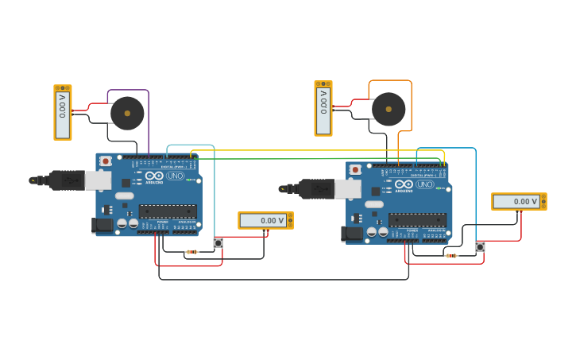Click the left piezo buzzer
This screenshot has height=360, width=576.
(127, 113)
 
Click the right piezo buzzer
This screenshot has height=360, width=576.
(389, 109)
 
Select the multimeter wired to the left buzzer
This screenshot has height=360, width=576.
(63, 112)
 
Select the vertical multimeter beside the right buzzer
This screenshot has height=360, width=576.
(323, 108)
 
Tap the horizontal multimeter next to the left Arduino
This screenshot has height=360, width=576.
(265, 220)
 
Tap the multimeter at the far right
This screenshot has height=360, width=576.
(519, 201)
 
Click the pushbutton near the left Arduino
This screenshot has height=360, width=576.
(218, 243)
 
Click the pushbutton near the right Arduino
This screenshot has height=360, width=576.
(480, 247)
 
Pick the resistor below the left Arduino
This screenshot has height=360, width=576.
(191, 252)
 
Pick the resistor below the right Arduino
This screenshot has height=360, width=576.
(451, 256)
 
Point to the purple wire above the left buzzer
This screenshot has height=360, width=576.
(127, 90)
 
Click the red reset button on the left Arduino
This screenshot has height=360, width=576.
(106, 161)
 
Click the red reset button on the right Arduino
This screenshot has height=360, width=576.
(355, 169)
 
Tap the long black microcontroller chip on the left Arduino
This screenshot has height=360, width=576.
(168, 211)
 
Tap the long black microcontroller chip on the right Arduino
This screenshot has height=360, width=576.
(417, 219)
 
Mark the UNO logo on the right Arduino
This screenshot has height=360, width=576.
(425, 184)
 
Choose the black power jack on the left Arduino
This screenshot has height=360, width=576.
(102, 225)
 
